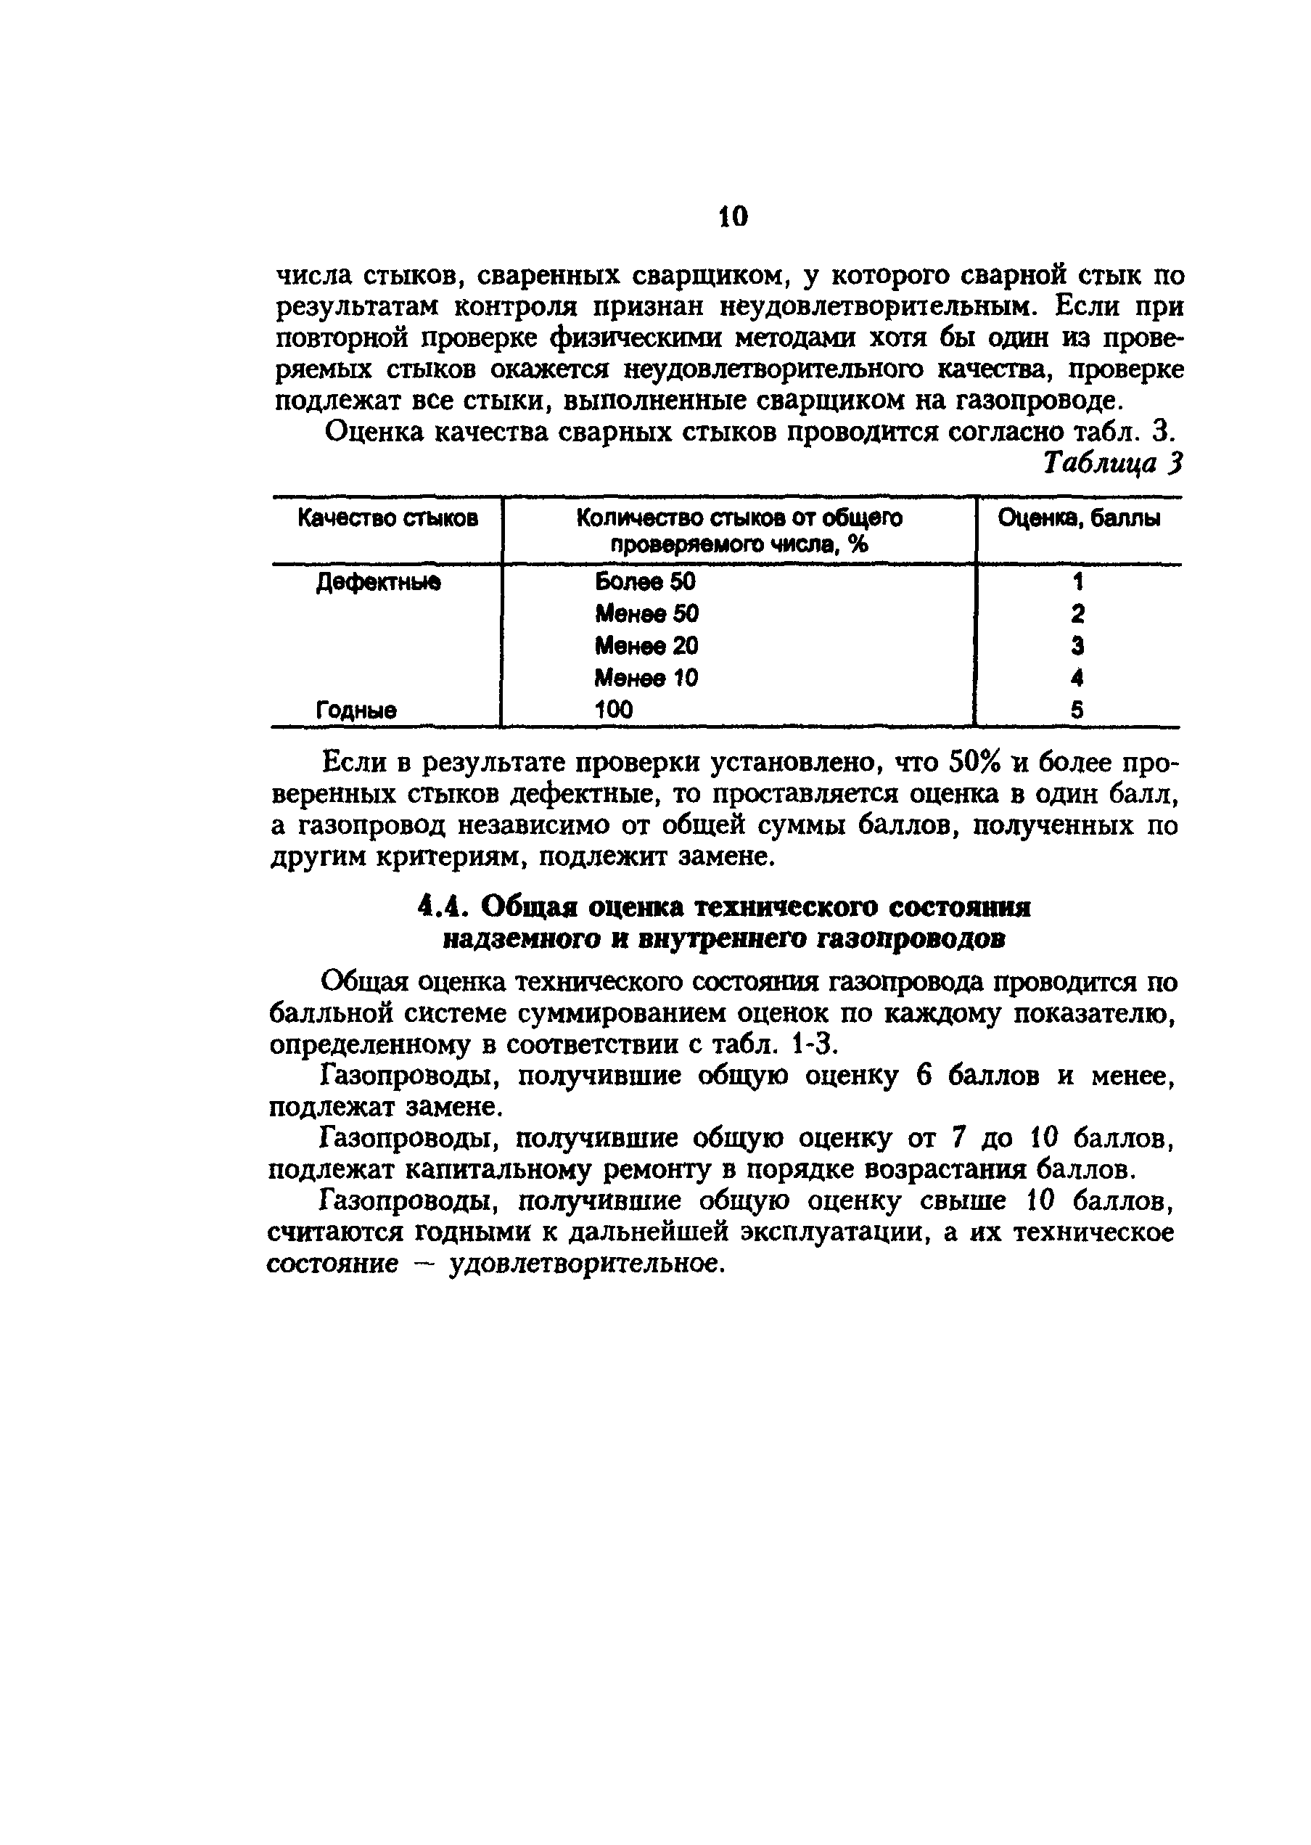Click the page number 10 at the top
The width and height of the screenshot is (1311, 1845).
point(733,216)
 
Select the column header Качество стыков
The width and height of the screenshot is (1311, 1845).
point(387,517)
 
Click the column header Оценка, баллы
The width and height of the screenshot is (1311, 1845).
point(1079,518)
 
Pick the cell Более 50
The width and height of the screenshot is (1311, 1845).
point(645,582)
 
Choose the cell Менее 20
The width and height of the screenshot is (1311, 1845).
point(646,646)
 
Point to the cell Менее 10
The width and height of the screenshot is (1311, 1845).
point(646,677)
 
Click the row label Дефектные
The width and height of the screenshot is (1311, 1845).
point(378,582)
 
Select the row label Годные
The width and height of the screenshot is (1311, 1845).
point(356,711)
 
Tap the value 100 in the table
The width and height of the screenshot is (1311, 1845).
point(615,710)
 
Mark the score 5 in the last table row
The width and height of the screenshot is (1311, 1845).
point(1077,711)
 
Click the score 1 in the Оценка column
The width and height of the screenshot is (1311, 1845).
point(1077,582)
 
